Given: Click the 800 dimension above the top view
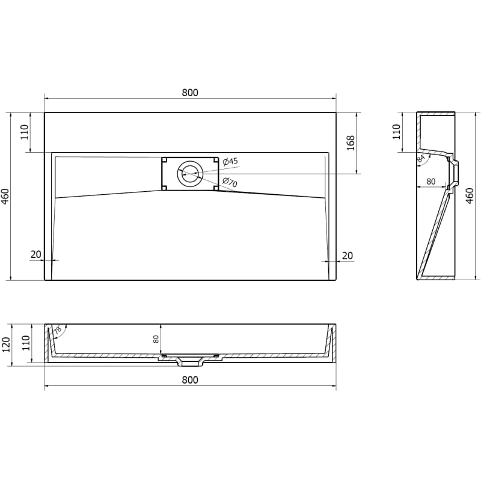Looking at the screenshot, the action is click(x=190, y=93).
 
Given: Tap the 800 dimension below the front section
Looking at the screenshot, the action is click(x=190, y=380).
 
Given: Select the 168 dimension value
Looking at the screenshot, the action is click(x=351, y=143).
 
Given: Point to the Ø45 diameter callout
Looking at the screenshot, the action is click(x=230, y=161).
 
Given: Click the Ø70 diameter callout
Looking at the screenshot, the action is click(x=230, y=182).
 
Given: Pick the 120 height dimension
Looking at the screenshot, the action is click(x=6, y=345).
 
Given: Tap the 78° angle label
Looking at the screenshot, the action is click(x=58, y=330).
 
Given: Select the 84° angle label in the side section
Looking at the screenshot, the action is click(x=421, y=159).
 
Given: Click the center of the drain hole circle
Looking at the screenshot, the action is click(x=190, y=174).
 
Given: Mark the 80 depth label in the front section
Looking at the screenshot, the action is click(x=156, y=339).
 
